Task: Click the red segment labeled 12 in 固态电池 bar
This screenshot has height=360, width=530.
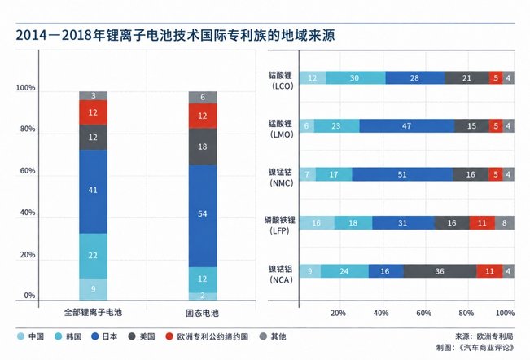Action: pos(203,116)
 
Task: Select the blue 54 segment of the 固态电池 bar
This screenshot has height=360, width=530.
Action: pos(203,216)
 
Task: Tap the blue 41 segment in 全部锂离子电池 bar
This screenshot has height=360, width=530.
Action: pos(93,191)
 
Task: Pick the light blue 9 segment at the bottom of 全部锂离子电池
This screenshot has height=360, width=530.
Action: pos(93,289)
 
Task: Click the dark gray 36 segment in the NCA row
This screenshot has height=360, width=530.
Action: pos(440,271)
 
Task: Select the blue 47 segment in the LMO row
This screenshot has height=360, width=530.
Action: pos(407,126)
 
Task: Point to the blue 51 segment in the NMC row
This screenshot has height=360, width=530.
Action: pos(402,174)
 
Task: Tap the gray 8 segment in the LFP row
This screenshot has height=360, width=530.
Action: pos(505,223)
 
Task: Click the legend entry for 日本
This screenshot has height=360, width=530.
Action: pos(104,336)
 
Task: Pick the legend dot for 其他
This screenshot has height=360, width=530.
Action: pos(263,336)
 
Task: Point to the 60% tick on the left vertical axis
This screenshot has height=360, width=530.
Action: pos(28,171)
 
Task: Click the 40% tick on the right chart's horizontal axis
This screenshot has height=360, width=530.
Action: pos(381,313)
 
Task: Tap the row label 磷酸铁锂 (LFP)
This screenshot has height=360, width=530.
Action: pos(280,226)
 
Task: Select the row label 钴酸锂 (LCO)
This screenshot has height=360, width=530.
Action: pos(281,81)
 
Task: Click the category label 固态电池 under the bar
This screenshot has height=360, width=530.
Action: pos(202,313)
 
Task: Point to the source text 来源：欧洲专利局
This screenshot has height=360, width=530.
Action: pos(484,336)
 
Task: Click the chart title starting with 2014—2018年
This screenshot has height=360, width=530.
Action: pos(175,35)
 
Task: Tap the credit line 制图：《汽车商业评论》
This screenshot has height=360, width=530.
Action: pos(475,348)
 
